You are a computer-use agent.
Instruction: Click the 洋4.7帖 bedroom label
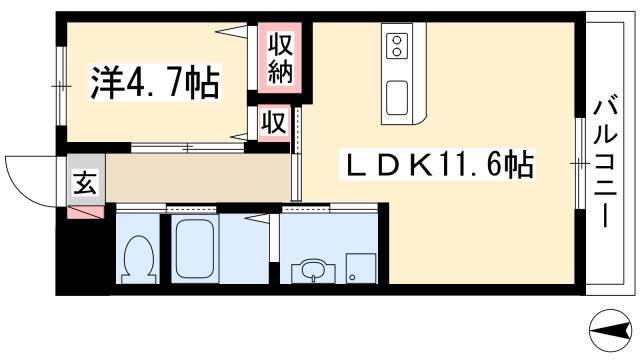(x=155, y=83)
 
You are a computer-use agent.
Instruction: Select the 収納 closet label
(x=280, y=58)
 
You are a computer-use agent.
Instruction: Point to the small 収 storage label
(x=273, y=122)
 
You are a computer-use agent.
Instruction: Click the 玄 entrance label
(x=85, y=182)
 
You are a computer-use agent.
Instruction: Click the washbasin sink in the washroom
(x=313, y=271)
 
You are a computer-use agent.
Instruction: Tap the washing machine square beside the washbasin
(x=361, y=268)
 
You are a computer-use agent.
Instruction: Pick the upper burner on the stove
(x=396, y=40)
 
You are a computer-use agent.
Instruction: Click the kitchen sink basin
(x=397, y=98)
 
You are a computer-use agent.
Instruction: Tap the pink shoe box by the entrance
(x=85, y=213)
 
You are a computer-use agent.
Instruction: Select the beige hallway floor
(x=198, y=178)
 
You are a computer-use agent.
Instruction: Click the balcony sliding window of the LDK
(x=580, y=163)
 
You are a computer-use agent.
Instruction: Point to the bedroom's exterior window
(x=61, y=86)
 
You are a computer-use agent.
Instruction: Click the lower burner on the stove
(x=396, y=52)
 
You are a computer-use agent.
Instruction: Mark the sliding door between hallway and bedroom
(x=188, y=147)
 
